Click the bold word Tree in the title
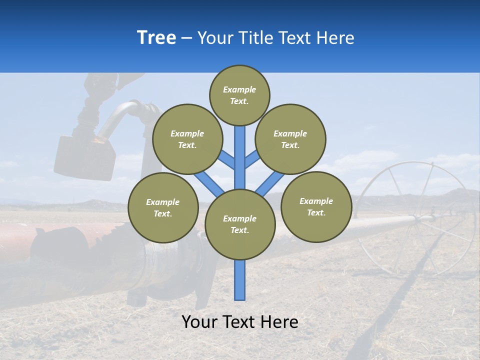156,38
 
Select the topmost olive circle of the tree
239,95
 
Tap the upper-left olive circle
187,139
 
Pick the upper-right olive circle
290,139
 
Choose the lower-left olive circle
163,207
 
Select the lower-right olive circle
316,206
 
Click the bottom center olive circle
240,224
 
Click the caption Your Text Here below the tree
240,322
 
